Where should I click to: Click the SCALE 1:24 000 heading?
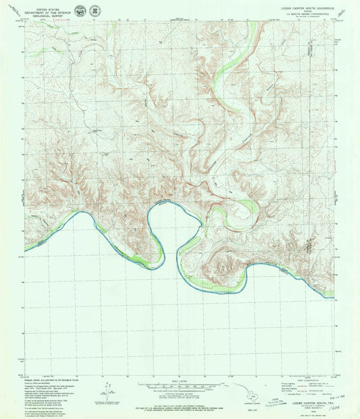180,383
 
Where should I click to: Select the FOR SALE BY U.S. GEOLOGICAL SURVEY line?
180,403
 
